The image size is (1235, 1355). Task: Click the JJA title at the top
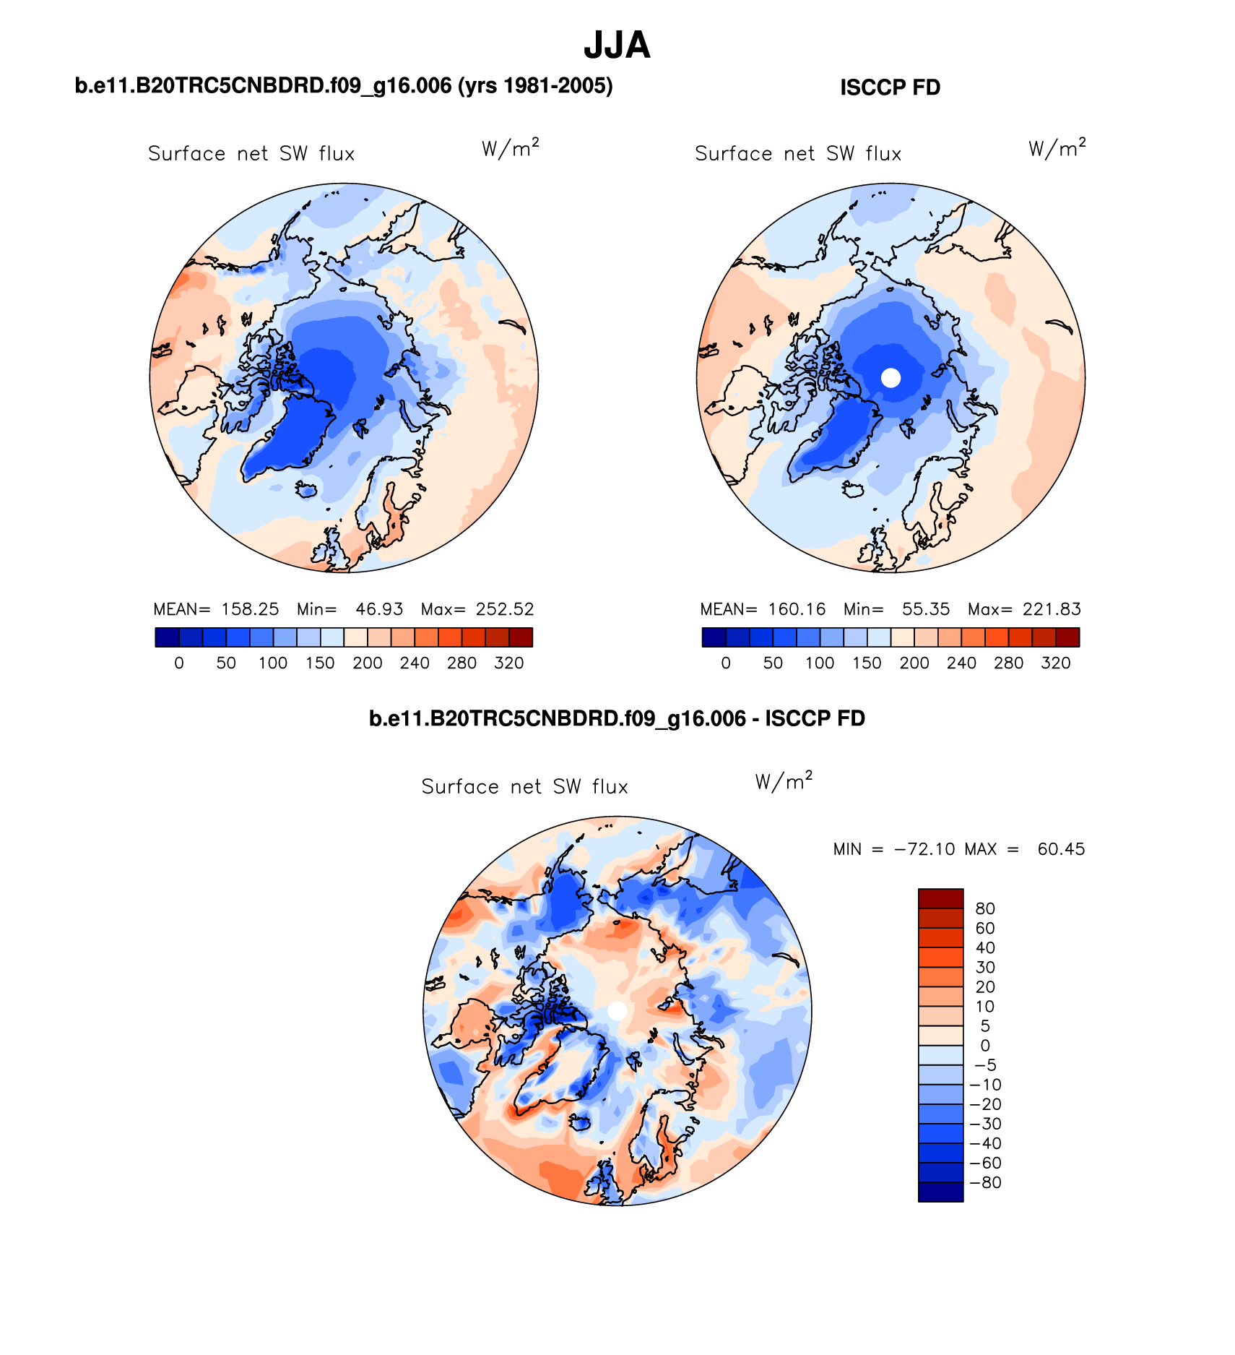[x=617, y=45]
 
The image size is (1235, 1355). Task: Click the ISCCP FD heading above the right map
[x=890, y=87]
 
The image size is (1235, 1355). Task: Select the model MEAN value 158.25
[x=250, y=609]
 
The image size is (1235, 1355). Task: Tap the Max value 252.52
[x=504, y=609]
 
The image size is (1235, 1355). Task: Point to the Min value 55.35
[x=925, y=609]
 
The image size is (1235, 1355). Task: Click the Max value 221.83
[x=1052, y=609]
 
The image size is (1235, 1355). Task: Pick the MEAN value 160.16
[x=797, y=609]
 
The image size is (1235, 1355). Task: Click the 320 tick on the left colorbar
[x=508, y=663]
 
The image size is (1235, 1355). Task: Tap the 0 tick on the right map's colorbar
[x=726, y=663]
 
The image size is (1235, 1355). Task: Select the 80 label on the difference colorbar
[x=985, y=909]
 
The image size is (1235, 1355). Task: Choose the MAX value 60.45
[x=1061, y=849]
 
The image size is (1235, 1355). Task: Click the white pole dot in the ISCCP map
[x=891, y=377]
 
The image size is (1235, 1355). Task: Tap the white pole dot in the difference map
[x=617, y=1011]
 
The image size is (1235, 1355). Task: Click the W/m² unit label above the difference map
[x=784, y=781]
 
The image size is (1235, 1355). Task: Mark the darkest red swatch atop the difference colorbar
[x=940, y=898]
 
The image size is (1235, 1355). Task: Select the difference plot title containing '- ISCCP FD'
[x=617, y=718]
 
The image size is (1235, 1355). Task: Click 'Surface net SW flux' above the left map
[x=251, y=154]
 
